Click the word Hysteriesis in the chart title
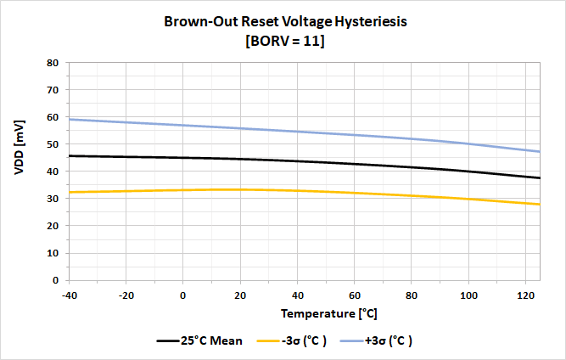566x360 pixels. point(371,22)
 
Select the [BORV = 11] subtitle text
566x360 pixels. point(285,41)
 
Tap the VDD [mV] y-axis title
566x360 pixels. point(20,148)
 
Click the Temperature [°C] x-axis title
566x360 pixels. point(329,313)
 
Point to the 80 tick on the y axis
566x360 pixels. point(53,63)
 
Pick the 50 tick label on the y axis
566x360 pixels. point(53,144)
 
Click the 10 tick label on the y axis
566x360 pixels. point(53,253)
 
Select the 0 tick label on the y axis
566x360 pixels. point(56,280)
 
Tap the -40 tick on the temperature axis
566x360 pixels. point(70,295)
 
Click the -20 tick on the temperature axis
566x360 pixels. point(126,295)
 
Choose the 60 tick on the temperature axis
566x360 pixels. point(355,295)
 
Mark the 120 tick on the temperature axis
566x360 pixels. point(525,295)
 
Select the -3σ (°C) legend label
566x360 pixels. point(305,340)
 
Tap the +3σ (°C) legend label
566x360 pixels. point(389,340)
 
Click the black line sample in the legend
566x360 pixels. point(168,340)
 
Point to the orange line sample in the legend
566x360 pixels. point(268,340)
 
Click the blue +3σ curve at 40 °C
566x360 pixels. point(298,132)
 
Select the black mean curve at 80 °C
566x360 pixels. point(412,167)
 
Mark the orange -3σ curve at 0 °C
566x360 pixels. point(183,190)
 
